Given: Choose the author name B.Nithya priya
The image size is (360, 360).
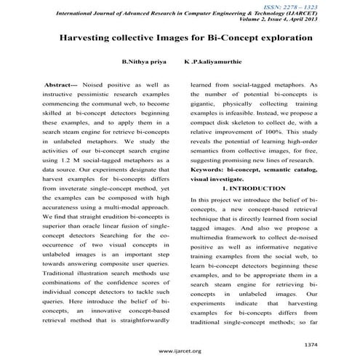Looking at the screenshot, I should (x=146, y=64).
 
